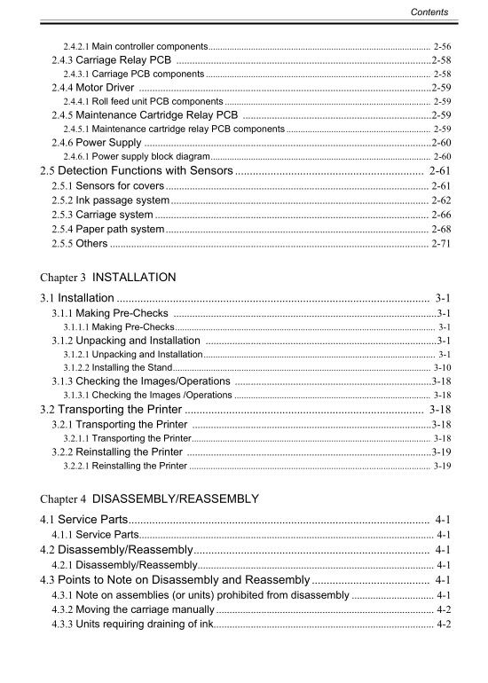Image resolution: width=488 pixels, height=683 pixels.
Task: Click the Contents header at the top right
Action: tap(429, 12)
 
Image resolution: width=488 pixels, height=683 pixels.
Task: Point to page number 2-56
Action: tap(442, 44)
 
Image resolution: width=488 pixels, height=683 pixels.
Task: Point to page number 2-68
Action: tap(440, 230)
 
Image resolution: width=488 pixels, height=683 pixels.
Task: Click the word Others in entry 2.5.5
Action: tap(91, 244)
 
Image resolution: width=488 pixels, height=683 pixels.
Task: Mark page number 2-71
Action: tap(440, 244)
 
